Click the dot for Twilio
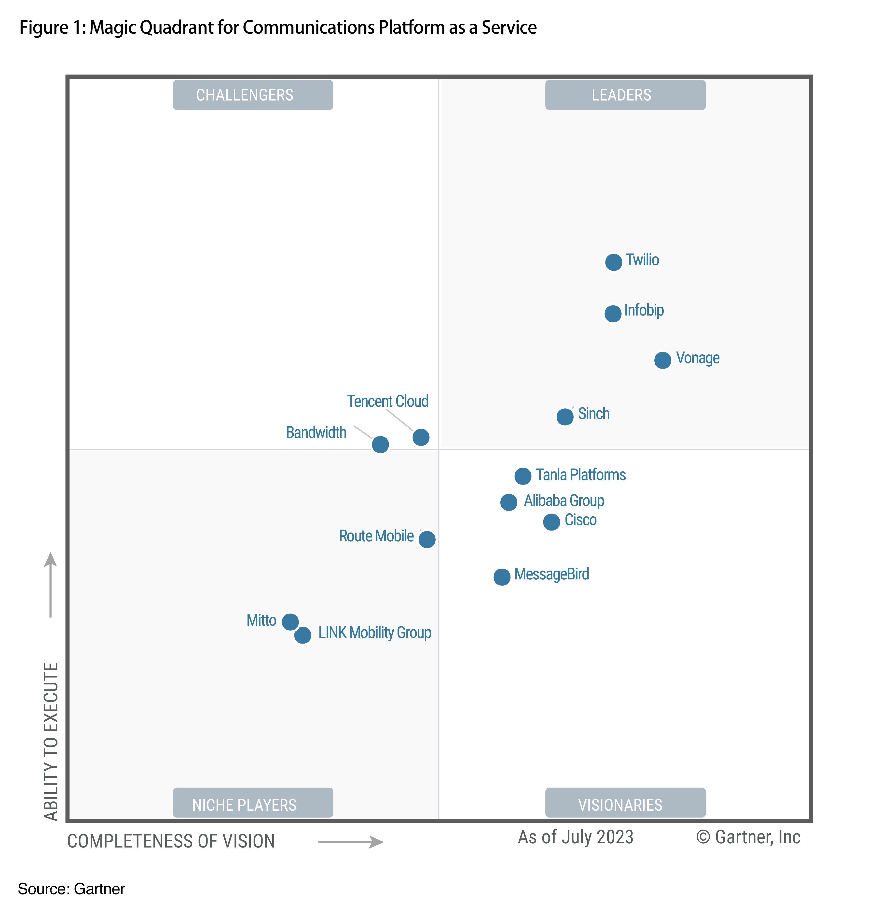613,262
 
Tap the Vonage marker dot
662,360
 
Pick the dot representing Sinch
565,416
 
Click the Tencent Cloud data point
421,437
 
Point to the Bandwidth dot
380,444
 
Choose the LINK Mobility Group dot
303,635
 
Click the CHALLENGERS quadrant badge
253,95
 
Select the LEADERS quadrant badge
625,95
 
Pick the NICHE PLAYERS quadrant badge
253,805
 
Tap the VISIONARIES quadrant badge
625,805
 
